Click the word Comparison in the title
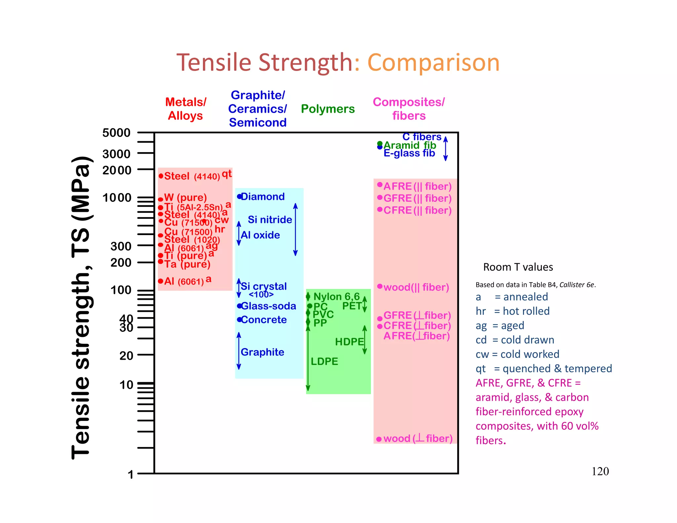433,63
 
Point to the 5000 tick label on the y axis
116,133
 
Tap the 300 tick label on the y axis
121,246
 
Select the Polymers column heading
328,109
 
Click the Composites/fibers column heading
409,109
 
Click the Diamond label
263,197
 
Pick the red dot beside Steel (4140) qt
161,176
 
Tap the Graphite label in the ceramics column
262,352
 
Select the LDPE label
324,361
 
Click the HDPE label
349,342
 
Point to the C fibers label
422,137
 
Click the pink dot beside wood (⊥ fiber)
379,439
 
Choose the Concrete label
264,320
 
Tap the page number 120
600,471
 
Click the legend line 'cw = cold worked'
517,354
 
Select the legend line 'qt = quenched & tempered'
544,369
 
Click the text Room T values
518,267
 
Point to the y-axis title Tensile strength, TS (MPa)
81,307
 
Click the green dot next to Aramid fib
380,143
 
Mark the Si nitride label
270,220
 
